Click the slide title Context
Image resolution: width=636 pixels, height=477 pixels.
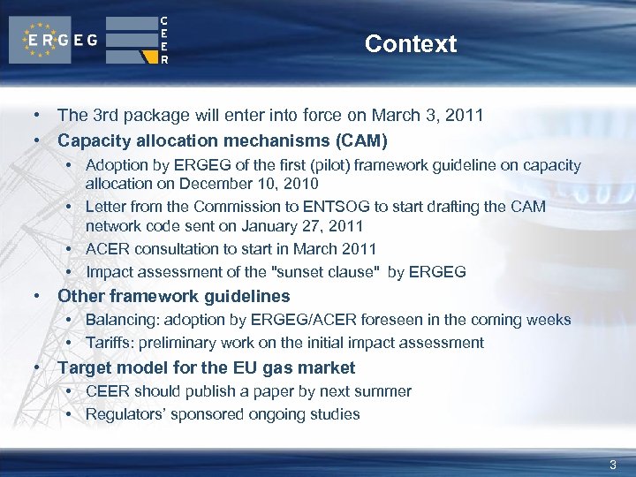click(410, 43)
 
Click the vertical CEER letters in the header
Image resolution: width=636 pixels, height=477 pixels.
click(164, 40)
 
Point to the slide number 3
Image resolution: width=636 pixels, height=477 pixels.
click(613, 465)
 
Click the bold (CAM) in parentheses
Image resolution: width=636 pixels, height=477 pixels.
click(357, 140)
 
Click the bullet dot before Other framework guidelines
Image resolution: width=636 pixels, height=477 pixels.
click(36, 296)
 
